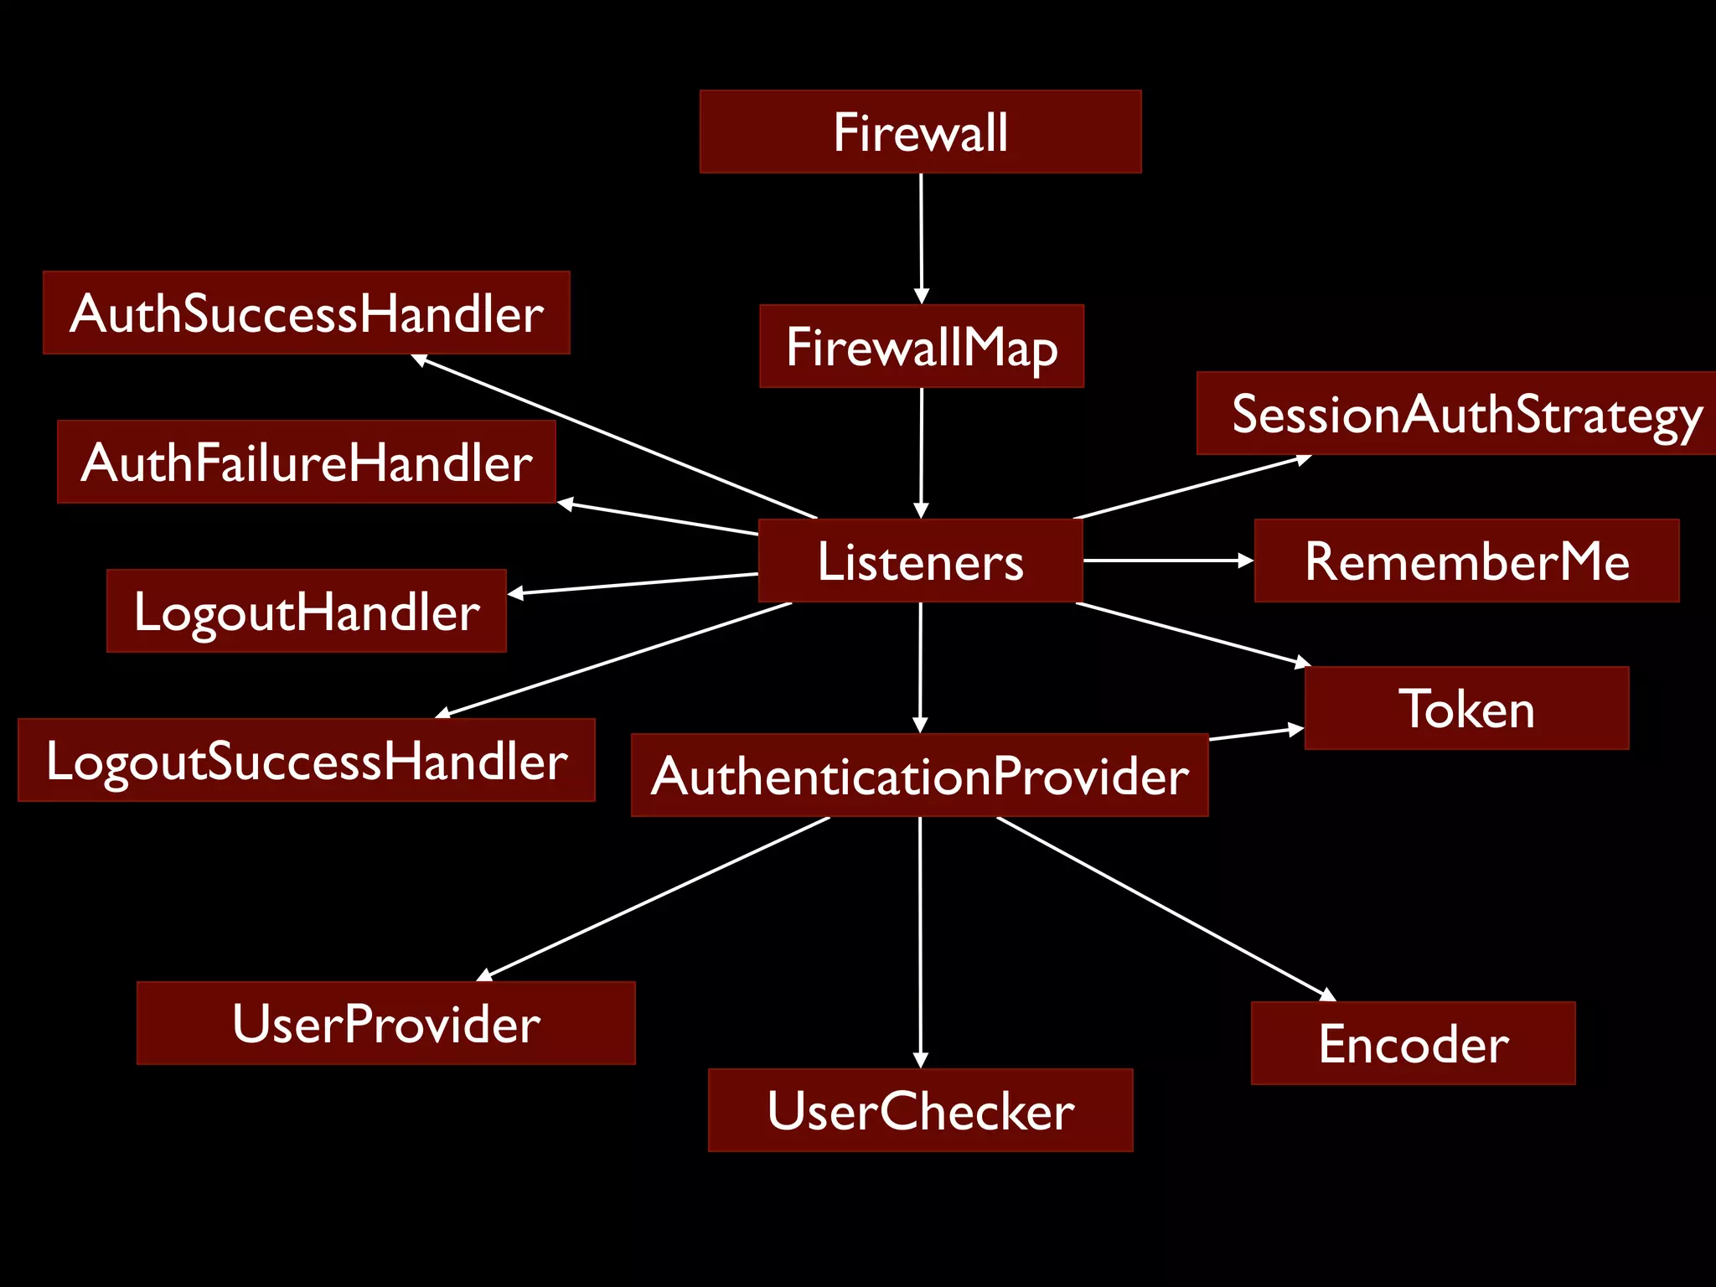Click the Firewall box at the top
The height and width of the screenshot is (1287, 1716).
920,132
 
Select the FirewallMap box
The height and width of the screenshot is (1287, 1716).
921,346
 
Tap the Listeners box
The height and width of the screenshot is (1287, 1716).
920,561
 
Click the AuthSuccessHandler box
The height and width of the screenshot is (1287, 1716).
306,313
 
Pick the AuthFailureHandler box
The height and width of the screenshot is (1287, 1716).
306,462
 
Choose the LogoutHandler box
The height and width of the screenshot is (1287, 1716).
306,611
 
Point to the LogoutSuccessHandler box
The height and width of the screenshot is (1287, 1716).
306,760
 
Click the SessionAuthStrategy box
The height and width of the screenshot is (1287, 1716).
1456,413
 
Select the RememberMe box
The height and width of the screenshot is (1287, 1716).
1466,561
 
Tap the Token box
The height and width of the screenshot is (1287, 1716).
1466,708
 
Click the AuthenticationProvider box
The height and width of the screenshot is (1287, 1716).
919,775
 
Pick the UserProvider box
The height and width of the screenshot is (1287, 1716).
385,1023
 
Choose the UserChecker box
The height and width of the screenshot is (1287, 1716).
920,1110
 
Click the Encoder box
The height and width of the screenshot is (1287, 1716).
1413,1043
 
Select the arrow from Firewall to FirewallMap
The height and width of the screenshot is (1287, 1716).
921,239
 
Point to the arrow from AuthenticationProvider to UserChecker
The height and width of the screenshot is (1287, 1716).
921,943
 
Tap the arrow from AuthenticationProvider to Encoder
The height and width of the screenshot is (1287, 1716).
1165,908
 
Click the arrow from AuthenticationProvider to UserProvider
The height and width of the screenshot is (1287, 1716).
654,898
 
